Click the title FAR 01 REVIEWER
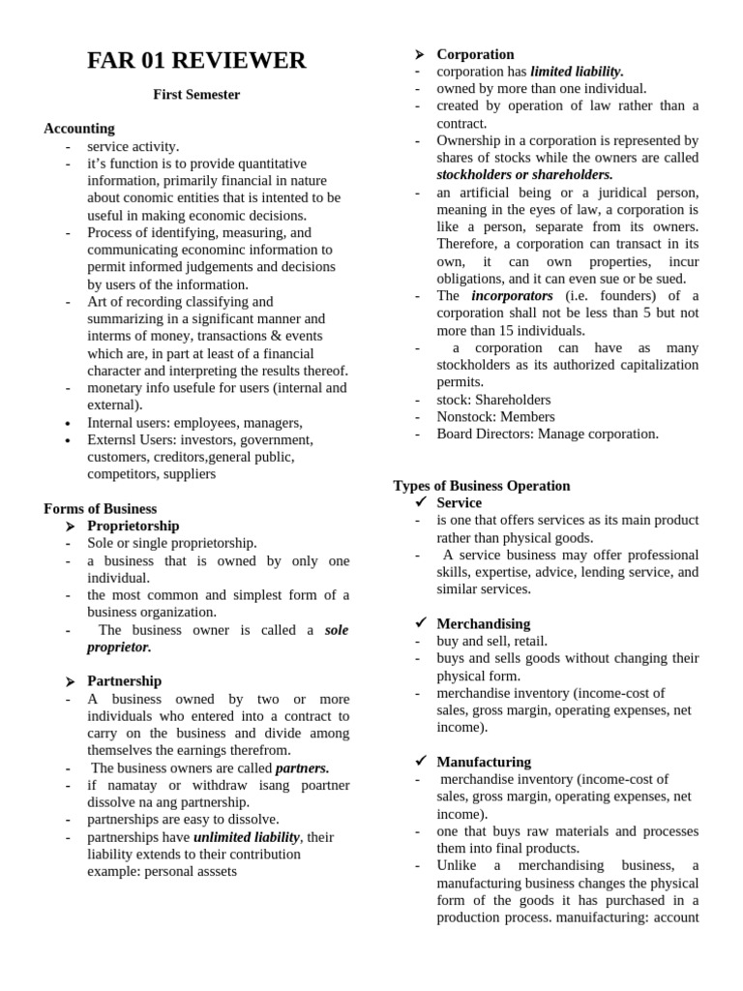coord(196,62)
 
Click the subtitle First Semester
coord(196,95)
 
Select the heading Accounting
coord(79,129)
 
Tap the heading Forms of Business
coord(100,509)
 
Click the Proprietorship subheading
coord(134,526)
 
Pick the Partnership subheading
coord(125,681)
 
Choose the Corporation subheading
coord(475,54)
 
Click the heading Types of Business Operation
coord(482,486)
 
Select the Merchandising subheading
coord(483,624)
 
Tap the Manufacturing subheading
coord(484,763)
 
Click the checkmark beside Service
coord(420,503)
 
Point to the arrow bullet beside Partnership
coord(71,681)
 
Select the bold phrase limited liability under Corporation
coord(577,72)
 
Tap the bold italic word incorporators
coord(512,295)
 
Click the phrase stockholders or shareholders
coord(524,175)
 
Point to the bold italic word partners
coord(302,768)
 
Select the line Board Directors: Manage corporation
coord(548,435)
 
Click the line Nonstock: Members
coord(495,417)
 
